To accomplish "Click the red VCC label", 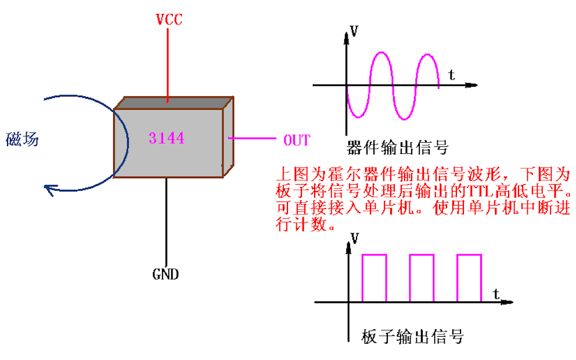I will [x=169, y=19].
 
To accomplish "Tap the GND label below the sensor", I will [x=165, y=273].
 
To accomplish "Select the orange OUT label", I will [x=297, y=140].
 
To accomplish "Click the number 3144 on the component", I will [x=167, y=138].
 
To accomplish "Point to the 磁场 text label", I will [x=22, y=139].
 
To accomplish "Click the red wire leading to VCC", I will [x=168, y=64].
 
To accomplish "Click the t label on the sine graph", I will [x=452, y=74].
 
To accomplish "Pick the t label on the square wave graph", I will [x=497, y=293].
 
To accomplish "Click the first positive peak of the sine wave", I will [x=381, y=53].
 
